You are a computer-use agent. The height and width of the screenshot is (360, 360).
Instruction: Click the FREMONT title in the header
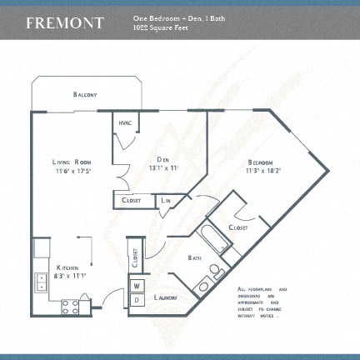tap(65, 22)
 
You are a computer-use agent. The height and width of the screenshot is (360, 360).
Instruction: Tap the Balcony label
tap(85, 95)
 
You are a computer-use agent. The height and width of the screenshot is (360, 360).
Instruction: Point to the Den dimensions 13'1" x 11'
tap(162, 168)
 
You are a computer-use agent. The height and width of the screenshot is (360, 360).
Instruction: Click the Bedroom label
tap(262, 162)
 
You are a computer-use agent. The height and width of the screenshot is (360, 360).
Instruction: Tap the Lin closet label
tap(166, 200)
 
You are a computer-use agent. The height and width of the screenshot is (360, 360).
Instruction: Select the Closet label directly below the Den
tap(131, 200)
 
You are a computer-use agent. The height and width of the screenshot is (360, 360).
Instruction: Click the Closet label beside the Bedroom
tap(238, 226)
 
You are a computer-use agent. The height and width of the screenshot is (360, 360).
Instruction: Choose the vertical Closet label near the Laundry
tap(134, 257)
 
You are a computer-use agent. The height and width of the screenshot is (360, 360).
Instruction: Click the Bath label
tap(196, 258)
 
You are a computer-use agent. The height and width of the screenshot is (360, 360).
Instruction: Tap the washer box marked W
tap(135, 286)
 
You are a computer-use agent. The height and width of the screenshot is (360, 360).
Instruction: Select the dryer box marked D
tap(135, 298)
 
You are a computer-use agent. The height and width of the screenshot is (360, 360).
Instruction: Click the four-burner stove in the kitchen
tap(70, 307)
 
